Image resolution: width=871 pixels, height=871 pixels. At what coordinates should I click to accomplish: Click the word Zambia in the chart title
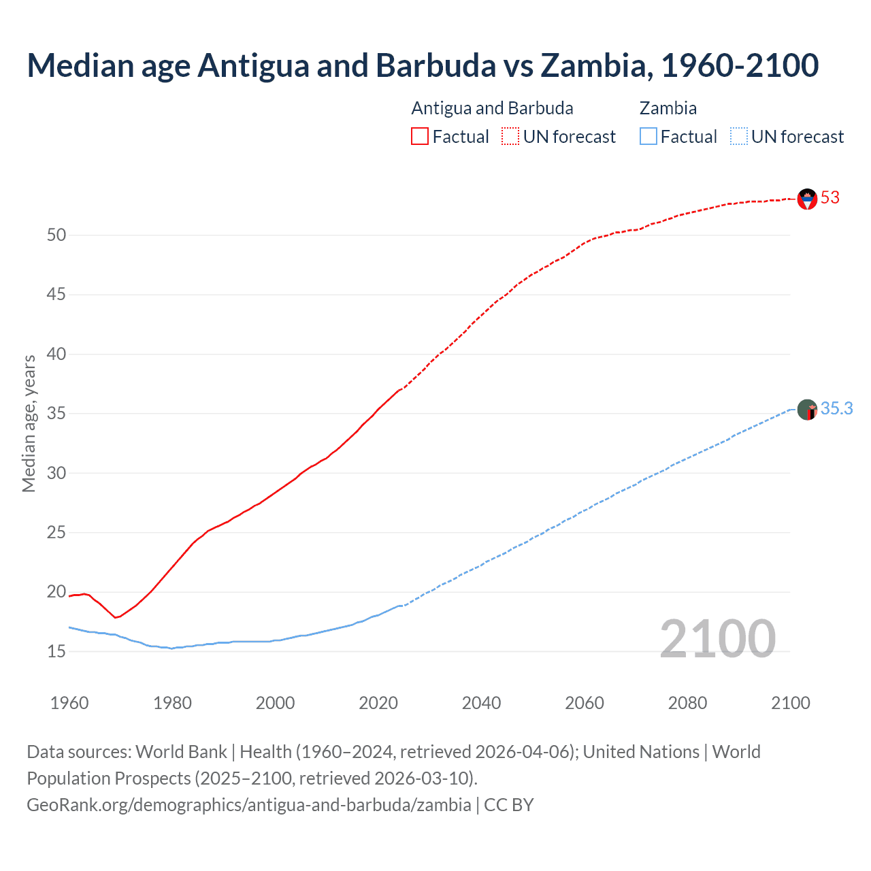(x=591, y=65)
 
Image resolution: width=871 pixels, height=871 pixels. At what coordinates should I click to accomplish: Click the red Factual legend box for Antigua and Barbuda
(x=420, y=136)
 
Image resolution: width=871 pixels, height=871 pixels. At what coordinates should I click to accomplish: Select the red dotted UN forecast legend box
(x=510, y=136)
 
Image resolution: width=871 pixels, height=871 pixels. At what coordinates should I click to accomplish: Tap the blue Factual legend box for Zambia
(x=648, y=136)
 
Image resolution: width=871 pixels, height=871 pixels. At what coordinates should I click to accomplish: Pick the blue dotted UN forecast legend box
(x=738, y=136)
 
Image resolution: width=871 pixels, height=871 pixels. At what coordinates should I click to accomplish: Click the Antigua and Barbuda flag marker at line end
(x=807, y=199)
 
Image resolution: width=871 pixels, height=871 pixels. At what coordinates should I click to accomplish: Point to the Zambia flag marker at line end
(x=807, y=410)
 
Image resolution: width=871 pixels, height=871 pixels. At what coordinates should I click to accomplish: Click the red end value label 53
(x=830, y=198)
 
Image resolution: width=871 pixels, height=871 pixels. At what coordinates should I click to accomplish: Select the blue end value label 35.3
(x=836, y=409)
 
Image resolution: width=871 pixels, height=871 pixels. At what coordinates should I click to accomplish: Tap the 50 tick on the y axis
(x=56, y=235)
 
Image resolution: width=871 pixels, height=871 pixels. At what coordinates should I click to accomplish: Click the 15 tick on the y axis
(x=56, y=652)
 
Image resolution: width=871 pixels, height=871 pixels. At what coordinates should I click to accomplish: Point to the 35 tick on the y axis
(x=56, y=414)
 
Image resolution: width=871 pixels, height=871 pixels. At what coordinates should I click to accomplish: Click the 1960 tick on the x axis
(x=69, y=703)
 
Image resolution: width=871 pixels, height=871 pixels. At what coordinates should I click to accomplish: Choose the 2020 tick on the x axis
(x=378, y=703)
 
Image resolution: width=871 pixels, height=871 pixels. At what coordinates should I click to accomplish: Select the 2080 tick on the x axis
(x=687, y=703)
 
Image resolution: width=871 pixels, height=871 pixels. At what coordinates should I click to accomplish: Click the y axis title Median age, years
(x=29, y=423)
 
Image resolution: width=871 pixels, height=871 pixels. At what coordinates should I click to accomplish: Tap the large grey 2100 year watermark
(x=717, y=639)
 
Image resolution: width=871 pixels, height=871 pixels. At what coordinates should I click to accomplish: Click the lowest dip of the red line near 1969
(x=116, y=617)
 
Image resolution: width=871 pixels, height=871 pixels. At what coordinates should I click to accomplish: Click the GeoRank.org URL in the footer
(x=249, y=805)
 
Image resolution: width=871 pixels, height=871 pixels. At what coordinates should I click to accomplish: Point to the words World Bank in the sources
(x=181, y=752)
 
